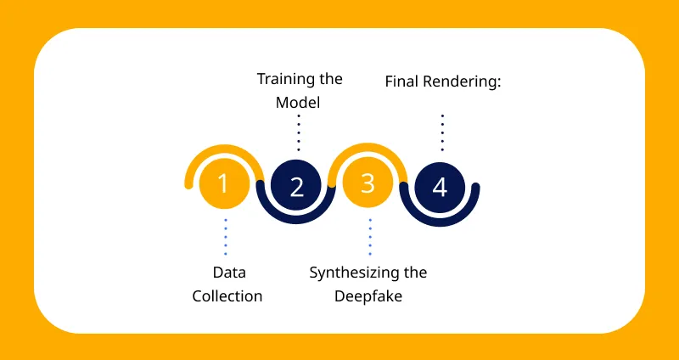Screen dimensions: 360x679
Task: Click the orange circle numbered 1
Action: [x=223, y=183]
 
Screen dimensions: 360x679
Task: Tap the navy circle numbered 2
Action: [x=296, y=186]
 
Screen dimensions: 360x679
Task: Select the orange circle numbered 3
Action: [x=368, y=183]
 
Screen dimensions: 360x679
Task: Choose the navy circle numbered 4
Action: [x=440, y=186]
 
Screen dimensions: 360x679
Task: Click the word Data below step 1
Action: [x=227, y=273]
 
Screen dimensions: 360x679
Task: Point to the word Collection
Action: [x=227, y=297]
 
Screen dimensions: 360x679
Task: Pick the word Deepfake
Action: [x=368, y=297]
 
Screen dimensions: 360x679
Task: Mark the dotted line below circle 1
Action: [x=226, y=236]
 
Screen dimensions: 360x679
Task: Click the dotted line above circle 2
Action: [x=299, y=132]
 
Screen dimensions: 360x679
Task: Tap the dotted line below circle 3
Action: [x=370, y=236]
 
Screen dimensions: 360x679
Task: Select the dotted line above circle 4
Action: [x=442, y=132]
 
